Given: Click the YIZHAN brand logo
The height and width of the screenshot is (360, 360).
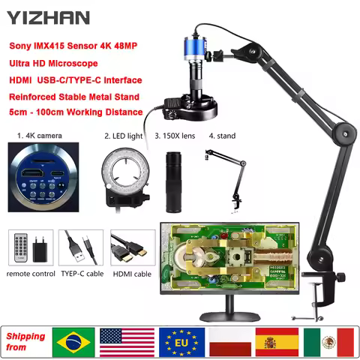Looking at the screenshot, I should coord(51,16).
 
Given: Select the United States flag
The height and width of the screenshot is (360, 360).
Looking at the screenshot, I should coord(127,341).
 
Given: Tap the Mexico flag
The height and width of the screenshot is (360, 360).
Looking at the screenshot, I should coord(328,341).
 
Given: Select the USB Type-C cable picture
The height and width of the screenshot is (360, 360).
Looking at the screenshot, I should coord(79,248).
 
